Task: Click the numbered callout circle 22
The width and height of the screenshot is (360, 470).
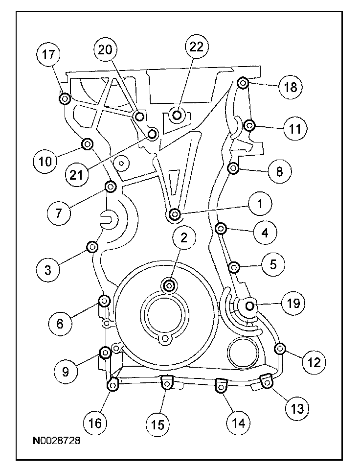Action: [x=196, y=47]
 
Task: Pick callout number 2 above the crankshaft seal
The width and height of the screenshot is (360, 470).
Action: [x=183, y=238]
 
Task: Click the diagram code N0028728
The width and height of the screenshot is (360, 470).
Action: [x=54, y=441]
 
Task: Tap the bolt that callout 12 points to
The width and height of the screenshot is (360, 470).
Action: [x=280, y=349]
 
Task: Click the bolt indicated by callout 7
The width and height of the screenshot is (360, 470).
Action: [x=111, y=187]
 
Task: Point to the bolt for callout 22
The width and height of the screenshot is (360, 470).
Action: [x=177, y=116]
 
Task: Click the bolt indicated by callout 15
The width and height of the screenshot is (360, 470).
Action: [x=167, y=385]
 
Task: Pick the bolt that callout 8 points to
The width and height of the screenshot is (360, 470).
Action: [x=233, y=169]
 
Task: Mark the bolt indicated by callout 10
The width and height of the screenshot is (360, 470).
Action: [x=87, y=144]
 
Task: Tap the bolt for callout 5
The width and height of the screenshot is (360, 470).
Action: [x=234, y=267]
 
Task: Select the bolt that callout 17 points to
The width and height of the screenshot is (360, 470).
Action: [x=65, y=99]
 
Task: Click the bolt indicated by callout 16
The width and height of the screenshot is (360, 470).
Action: [x=112, y=386]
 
